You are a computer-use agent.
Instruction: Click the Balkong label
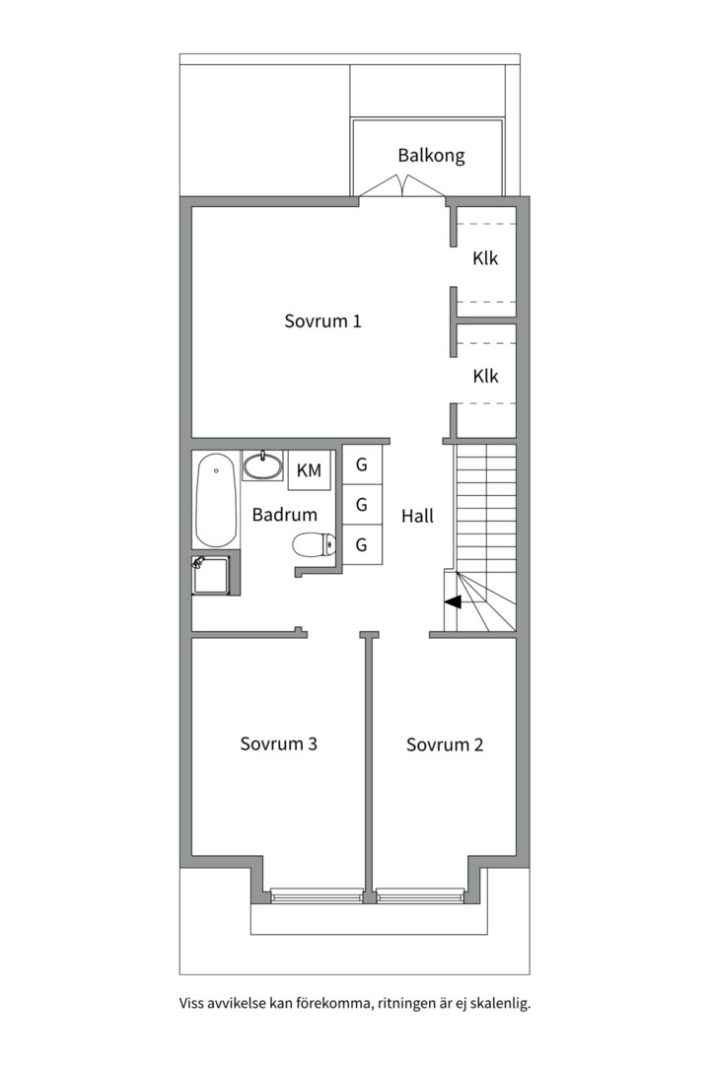(432, 156)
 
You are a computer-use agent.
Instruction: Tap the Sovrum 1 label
(322, 320)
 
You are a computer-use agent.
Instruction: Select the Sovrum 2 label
(445, 745)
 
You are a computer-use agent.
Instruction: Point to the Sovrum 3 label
(278, 744)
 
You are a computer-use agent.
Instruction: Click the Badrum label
(285, 514)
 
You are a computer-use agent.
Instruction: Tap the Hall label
(417, 516)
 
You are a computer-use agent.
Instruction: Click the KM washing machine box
(309, 470)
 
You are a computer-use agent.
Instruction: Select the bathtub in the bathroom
(216, 500)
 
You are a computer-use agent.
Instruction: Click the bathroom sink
(262, 465)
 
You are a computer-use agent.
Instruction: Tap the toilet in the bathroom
(315, 543)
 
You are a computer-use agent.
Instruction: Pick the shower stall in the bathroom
(215, 575)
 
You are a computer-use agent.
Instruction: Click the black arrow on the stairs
(452, 602)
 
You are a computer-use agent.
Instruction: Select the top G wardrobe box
(362, 464)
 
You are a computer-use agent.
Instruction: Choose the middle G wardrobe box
(362, 504)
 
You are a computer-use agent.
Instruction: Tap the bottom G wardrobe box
(362, 544)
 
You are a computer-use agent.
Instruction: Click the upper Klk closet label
(485, 258)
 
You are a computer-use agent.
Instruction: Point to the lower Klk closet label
(485, 377)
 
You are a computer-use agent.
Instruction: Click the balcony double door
(402, 186)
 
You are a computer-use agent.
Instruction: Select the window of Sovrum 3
(316, 895)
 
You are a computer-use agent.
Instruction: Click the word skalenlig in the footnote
(501, 1003)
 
